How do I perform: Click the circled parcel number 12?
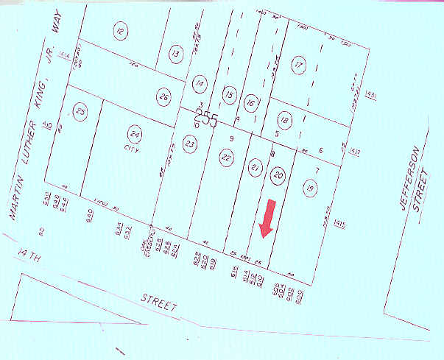121,31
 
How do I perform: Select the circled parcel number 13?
175,53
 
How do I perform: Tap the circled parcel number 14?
200,85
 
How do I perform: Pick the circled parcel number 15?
229,96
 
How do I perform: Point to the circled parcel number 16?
251,103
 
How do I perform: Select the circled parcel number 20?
278,175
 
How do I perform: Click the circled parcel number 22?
226,157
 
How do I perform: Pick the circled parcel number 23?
190,145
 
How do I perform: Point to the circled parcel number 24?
134,134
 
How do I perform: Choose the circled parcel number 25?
80,112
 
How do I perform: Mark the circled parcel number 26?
164,96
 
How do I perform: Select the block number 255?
205,118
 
